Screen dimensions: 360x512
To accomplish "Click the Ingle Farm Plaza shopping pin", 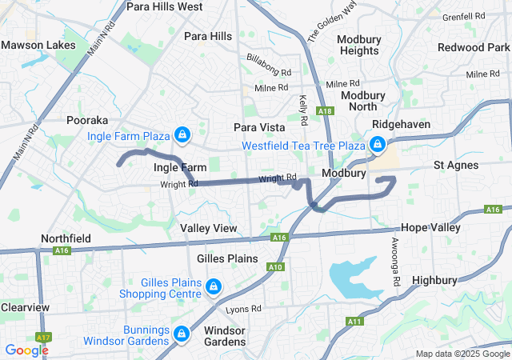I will click(182, 134).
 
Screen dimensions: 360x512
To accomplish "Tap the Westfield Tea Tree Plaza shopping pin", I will click(376, 145).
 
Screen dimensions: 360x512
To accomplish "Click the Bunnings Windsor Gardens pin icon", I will click(182, 332).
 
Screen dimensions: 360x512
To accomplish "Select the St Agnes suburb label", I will click(456, 165).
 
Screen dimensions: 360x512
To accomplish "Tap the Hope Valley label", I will click(431, 227).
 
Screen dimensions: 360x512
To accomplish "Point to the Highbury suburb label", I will click(434, 280).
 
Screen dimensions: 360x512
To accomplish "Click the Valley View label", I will click(209, 228).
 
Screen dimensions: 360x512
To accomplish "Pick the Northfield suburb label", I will click(66, 238).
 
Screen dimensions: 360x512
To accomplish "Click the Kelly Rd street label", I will click(303, 110).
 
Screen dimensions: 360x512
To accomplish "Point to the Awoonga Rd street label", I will click(395, 262).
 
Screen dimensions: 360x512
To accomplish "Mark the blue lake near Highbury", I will click(352, 277).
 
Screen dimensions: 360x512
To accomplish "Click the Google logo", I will click(26, 350).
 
